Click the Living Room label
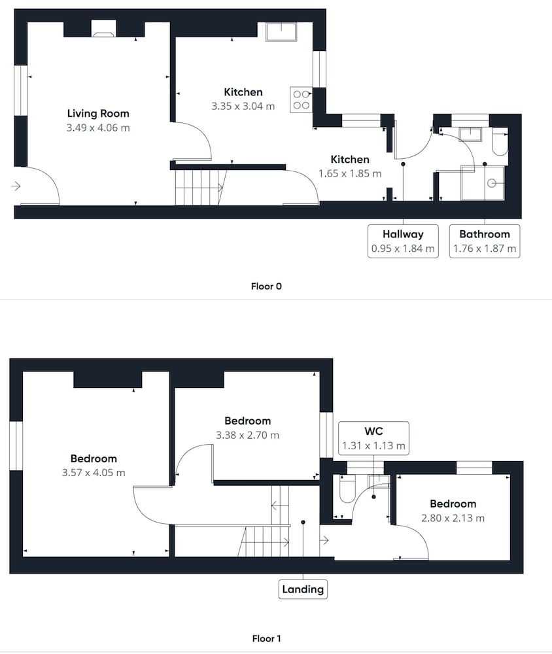click(x=98, y=113)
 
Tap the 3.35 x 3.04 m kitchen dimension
click(x=243, y=107)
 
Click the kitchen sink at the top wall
click(x=282, y=31)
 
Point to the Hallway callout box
click(x=403, y=241)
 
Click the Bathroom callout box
click(x=485, y=241)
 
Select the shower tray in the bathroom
click(x=483, y=182)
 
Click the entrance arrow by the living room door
click(x=16, y=186)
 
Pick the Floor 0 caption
click(x=266, y=286)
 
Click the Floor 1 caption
click(x=266, y=638)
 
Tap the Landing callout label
click(x=303, y=589)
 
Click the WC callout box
click(x=373, y=438)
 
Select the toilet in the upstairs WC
click(x=347, y=489)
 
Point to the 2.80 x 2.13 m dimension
click(x=453, y=519)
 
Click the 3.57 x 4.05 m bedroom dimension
click(x=94, y=473)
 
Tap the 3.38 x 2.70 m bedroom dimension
click(x=247, y=436)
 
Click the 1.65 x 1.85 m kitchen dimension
click(x=350, y=173)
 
